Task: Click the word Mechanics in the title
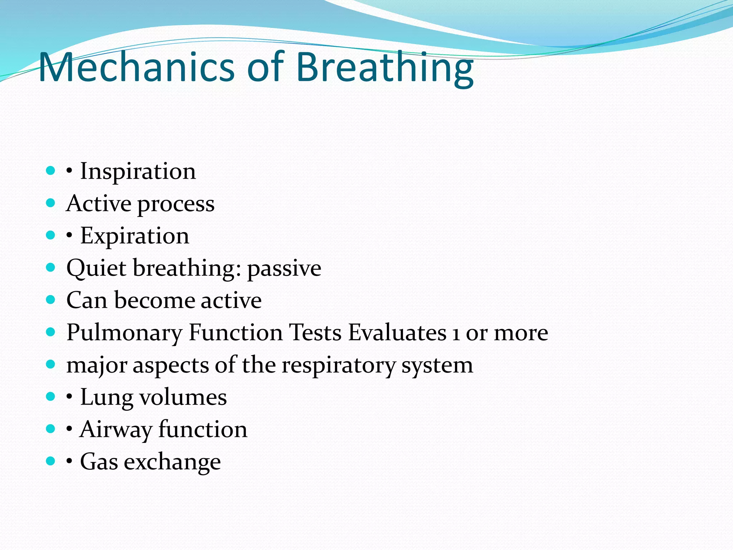point(136,67)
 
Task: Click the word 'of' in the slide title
point(265,67)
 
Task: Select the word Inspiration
point(138,171)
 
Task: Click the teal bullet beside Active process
point(51,203)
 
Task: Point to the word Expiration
point(135,236)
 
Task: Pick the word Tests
point(315,333)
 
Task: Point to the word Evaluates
point(397,333)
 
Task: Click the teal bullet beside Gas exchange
point(51,461)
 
